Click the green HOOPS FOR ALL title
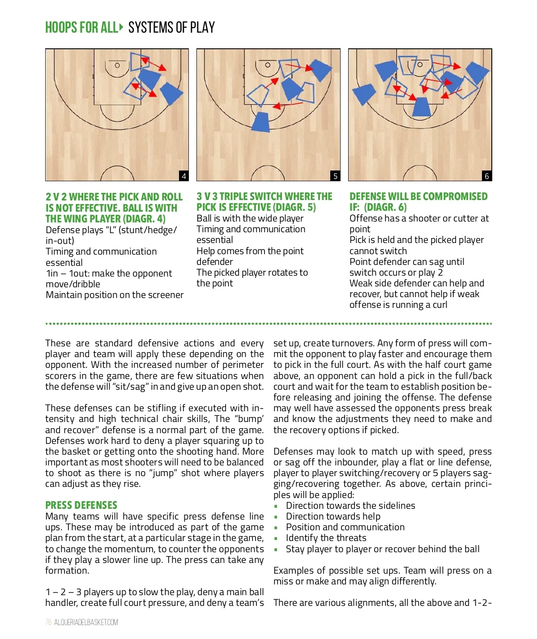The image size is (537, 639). pos(82,27)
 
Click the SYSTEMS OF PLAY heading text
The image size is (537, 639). pos(171,27)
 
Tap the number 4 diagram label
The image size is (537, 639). pos(183,176)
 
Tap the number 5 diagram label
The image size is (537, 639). pos(335,176)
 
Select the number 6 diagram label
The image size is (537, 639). pos(487,176)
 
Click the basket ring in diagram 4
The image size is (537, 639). pos(117,65)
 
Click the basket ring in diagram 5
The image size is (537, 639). pos(268,65)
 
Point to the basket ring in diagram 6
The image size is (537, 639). pos(420,64)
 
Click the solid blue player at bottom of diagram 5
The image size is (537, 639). pos(261,122)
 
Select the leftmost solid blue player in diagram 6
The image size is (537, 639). pos(363,94)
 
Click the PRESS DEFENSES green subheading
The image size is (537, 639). pos(81,505)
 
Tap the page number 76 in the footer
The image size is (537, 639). pos(48,622)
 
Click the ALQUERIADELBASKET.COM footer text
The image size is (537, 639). pos(86,622)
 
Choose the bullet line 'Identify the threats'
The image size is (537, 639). pos(326,538)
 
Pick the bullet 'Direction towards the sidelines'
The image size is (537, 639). pos(350,505)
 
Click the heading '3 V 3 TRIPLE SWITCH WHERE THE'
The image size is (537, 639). pos(264,196)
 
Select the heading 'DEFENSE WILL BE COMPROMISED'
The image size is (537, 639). pos(418,196)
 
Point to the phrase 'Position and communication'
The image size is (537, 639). pos(345,527)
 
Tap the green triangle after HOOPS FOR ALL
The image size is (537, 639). pos(121,27)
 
